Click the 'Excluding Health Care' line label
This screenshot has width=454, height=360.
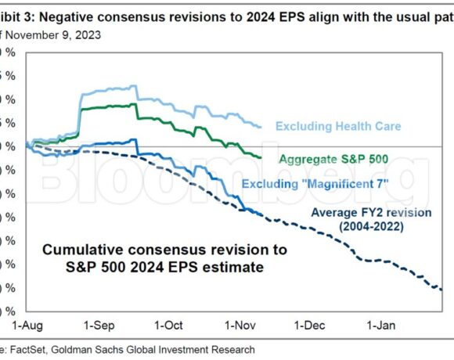pyautogui.click(x=338, y=126)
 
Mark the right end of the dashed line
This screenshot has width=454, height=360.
pyautogui.click(x=443, y=290)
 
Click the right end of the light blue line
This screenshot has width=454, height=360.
pyautogui.click(x=261, y=125)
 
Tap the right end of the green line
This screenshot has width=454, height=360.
pyautogui.click(x=261, y=157)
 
